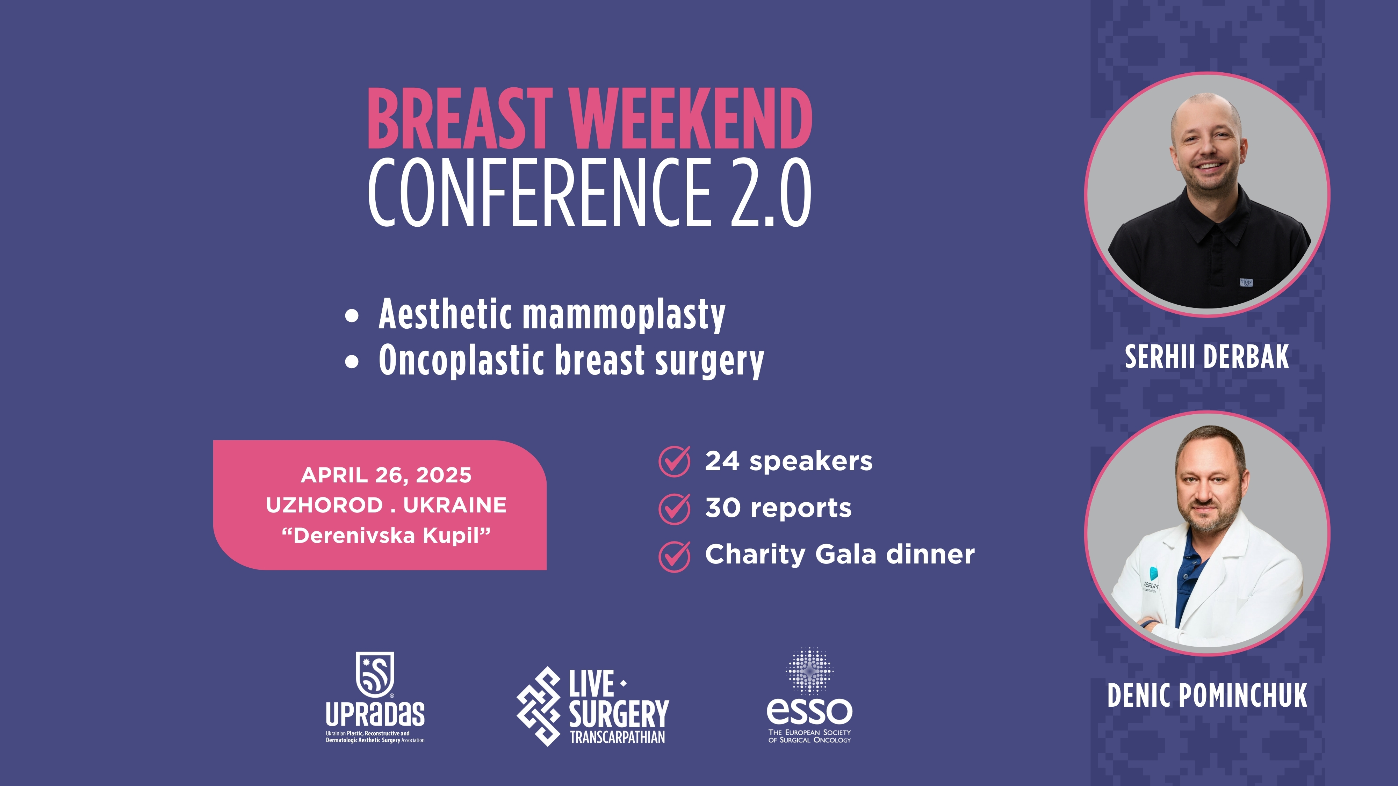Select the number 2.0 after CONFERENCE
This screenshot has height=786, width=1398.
[x=771, y=192]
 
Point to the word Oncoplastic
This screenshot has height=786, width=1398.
[x=462, y=360]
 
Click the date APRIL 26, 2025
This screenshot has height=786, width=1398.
[x=386, y=475]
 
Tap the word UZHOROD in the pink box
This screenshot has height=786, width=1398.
[x=325, y=505]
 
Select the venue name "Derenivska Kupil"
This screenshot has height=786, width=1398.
[x=386, y=536]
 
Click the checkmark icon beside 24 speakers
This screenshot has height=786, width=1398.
[x=675, y=461]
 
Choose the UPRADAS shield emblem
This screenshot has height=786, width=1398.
[x=375, y=674]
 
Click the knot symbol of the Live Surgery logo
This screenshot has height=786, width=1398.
[x=538, y=706]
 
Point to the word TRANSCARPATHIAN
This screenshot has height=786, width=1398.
[x=617, y=737]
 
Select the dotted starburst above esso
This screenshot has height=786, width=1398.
[x=809, y=671]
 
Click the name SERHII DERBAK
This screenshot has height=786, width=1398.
[x=1206, y=357]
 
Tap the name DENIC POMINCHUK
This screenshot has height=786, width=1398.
[x=1207, y=696]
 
